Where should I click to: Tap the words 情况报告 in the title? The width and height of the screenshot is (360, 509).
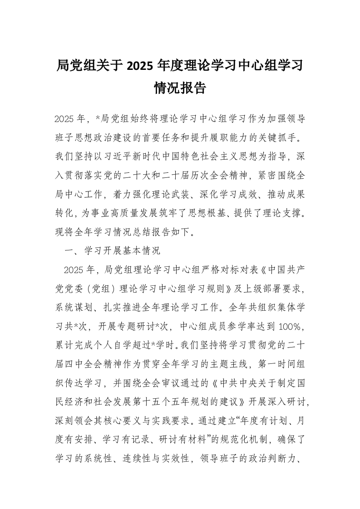point(180,87)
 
